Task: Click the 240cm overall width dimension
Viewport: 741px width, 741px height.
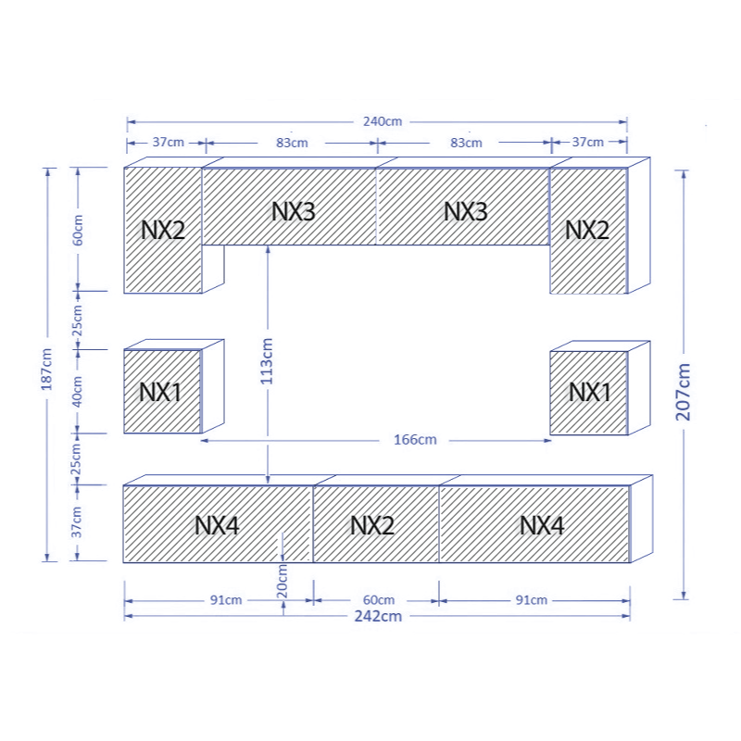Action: (383, 121)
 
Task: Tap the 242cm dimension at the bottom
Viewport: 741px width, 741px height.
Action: (378, 616)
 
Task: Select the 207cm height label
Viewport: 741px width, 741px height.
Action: (683, 392)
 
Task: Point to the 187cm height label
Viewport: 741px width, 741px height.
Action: (46, 369)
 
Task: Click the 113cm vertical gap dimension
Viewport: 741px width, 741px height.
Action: (267, 360)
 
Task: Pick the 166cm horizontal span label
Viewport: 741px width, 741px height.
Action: (415, 440)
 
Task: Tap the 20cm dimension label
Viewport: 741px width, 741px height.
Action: (282, 582)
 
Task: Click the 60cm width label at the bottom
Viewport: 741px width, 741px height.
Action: (379, 600)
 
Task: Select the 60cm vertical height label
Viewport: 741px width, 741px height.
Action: (78, 230)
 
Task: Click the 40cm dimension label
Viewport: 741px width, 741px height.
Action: (77, 391)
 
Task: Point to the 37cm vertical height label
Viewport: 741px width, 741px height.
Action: (77, 522)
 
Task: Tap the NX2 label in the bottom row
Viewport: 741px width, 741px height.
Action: (372, 525)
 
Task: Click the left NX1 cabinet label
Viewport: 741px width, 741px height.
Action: (160, 392)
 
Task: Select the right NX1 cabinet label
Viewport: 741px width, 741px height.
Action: (589, 392)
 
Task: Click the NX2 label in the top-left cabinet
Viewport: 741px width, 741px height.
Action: (163, 230)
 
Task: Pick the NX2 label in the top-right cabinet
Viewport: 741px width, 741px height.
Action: (587, 230)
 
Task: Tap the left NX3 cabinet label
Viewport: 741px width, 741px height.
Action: (293, 212)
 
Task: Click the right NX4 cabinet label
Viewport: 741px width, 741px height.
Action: (542, 525)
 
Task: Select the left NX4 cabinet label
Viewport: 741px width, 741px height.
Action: (217, 525)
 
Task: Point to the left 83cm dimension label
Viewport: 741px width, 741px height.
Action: (292, 143)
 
